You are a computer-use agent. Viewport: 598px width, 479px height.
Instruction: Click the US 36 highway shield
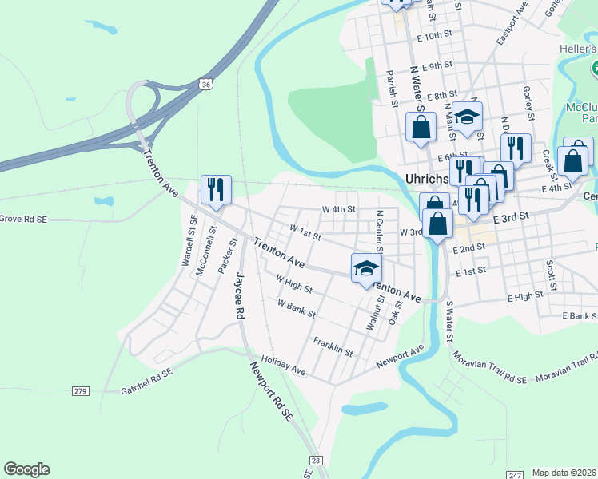(207, 84)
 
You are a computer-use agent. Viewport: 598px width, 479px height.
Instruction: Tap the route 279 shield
(79, 390)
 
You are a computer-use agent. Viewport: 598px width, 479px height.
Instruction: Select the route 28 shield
(317, 461)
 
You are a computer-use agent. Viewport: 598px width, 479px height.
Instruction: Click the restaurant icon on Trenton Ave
(216, 191)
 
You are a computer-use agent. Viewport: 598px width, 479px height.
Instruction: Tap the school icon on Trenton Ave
(365, 268)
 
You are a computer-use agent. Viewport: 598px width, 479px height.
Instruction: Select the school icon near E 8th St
(468, 117)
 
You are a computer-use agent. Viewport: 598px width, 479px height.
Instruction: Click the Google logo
(26, 469)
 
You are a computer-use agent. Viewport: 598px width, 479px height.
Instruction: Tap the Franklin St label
(333, 346)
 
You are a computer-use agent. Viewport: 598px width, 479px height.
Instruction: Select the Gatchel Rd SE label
(146, 380)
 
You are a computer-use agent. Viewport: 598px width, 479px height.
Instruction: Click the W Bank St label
(297, 308)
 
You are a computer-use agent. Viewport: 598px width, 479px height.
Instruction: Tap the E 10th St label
(434, 37)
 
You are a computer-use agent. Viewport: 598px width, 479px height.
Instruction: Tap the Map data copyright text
(564, 473)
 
